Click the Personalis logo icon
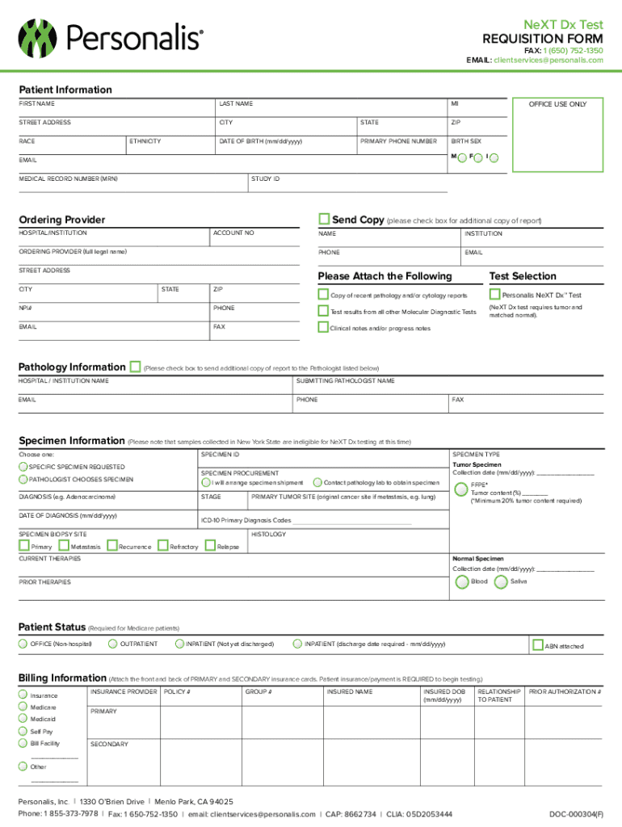tap(40, 36)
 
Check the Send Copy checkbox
tap(325, 219)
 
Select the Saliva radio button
tap(501, 582)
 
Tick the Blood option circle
tap(461, 582)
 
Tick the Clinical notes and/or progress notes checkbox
tap(324, 328)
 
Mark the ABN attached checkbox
tap(538, 645)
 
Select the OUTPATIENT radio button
tap(113, 644)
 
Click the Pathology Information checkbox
tap(135, 367)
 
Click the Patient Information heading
tap(66, 90)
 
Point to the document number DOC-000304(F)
tap(575, 814)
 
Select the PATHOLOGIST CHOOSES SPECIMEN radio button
tap(23, 480)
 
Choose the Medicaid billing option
tap(23, 719)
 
